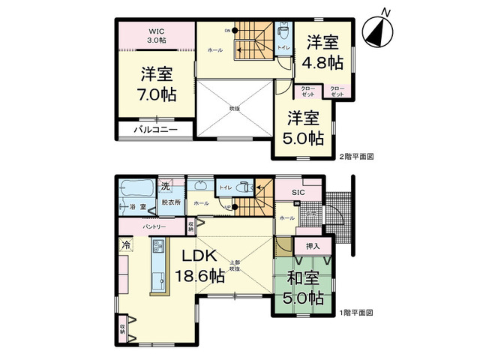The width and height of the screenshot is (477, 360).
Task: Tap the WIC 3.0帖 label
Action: [156, 35]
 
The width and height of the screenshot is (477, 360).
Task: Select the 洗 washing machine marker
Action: [163, 186]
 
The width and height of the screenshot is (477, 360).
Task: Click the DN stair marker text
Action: [226, 31]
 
